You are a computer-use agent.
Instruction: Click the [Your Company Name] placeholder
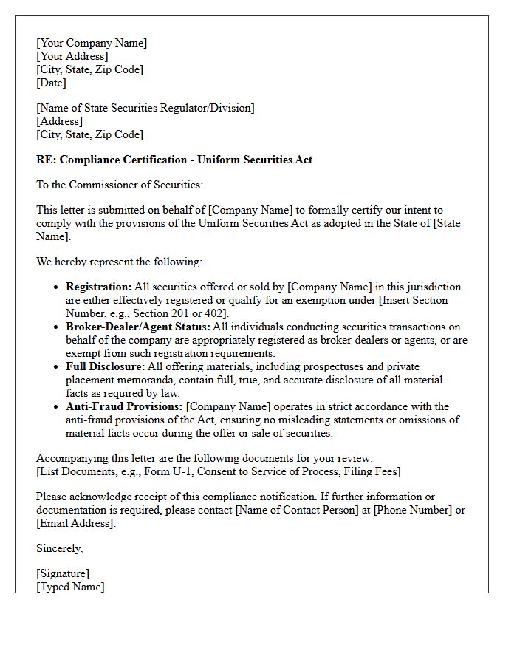92,43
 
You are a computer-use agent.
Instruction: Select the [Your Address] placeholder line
72,56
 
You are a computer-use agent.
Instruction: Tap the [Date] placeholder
51,83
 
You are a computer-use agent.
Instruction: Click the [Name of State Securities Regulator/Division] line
145,108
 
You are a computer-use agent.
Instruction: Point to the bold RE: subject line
174,160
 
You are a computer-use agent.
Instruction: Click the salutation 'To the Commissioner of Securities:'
119,185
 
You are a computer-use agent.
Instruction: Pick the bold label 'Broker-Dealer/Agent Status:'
138,327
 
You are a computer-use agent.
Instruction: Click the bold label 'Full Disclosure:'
105,366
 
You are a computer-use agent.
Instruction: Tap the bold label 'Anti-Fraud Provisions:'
124,406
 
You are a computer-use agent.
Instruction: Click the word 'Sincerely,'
60,548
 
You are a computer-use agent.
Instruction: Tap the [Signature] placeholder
63,573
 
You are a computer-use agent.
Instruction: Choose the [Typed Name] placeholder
70,587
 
